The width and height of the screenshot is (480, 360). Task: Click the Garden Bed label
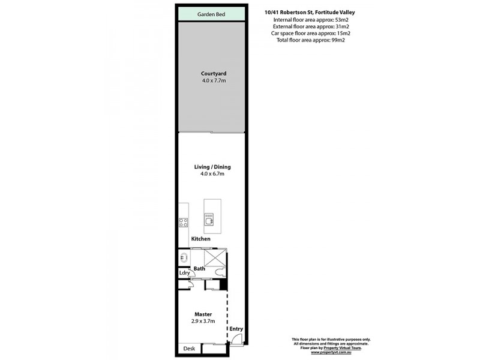tap(212, 14)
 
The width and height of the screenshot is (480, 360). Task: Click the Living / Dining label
tap(212, 167)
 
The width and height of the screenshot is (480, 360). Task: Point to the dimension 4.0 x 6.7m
tap(212, 174)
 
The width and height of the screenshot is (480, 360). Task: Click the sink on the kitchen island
tap(210, 220)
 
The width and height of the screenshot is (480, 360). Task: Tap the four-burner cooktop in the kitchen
tap(184, 222)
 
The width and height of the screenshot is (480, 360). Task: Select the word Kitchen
tap(200, 239)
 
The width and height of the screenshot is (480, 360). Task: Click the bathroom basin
tap(183, 257)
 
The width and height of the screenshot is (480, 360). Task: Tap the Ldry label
tap(184, 273)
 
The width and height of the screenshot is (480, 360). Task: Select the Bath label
tap(199, 269)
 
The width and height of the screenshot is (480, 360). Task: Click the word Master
tap(203, 314)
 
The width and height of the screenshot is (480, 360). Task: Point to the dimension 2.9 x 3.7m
tap(203, 321)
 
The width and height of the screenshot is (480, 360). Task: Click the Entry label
tap(236, 329)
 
